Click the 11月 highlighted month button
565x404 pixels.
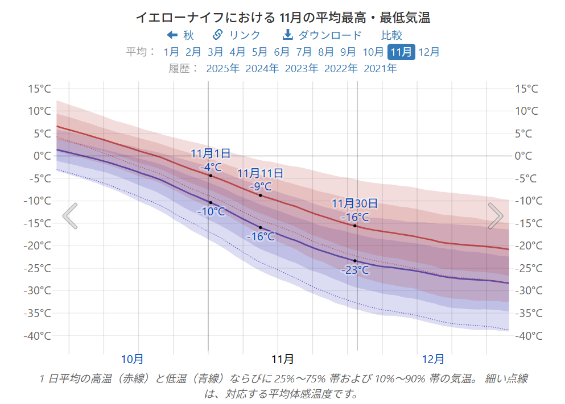[401, 52]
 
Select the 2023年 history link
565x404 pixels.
[302, 69]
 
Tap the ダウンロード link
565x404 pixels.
[322, 35]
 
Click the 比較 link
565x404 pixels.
[391, 35]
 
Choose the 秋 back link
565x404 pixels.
[180, 35]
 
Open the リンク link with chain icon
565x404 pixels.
[236, 35]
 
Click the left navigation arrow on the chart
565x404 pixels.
[70, 216]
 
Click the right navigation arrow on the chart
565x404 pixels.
[496, 216]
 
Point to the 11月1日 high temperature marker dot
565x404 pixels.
[211, 176]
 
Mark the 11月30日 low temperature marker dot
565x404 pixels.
[355, 261]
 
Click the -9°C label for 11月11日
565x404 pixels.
[261, 186]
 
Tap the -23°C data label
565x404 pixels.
[355, 270]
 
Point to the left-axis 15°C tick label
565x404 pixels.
[39, 89]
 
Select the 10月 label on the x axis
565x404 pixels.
[132, 359]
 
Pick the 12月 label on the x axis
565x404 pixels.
[434, 359]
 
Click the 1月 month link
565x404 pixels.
[171, 52]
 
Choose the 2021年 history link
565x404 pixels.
[380, 69]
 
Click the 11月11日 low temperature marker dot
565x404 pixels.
[261, 227]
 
